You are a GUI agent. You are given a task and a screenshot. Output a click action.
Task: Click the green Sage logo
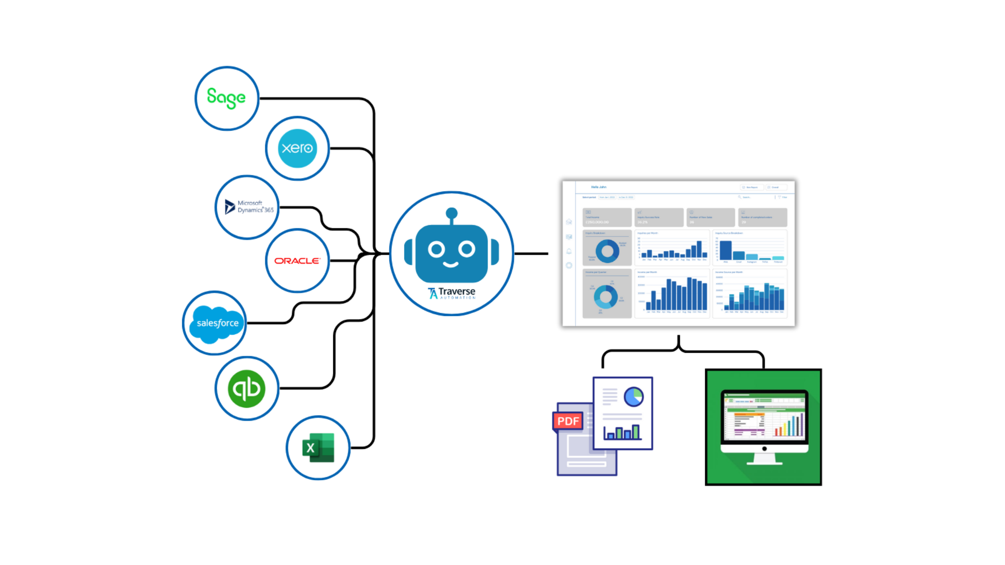coord(226,98)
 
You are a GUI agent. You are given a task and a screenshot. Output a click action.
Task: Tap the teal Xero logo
coord(297,148)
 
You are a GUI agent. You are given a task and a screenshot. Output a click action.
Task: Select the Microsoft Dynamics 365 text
coord(255,207)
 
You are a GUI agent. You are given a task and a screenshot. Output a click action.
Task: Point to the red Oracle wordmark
coord(297,261)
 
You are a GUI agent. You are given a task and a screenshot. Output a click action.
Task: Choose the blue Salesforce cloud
coord(217,323)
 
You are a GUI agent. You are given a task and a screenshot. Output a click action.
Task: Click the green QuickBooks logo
coord(246,389)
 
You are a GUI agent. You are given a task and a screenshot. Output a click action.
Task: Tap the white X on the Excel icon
coord(310,448)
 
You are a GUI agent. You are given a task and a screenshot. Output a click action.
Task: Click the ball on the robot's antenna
coord(451,213)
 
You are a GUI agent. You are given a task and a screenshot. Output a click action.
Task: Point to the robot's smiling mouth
coord(451,264)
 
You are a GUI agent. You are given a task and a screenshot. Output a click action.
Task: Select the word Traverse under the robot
coord(457,291)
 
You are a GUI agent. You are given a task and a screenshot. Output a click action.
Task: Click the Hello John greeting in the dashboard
coord(599,187)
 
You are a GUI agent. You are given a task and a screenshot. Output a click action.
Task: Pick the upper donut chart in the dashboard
coord(607,251)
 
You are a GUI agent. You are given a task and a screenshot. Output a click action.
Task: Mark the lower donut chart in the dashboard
coord(605,297)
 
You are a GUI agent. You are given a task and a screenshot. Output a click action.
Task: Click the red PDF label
coord(568,421)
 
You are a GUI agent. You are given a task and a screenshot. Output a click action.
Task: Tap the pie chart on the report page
coord(634,397)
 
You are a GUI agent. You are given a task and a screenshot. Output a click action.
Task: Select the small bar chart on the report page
coord(622,432)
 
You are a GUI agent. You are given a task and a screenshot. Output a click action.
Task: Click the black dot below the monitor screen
coord(764,449)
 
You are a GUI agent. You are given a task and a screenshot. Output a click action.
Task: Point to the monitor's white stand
coord(764,459)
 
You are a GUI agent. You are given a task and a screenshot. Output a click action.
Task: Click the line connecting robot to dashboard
coord(531,254)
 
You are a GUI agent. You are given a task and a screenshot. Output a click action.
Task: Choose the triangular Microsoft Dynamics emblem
coord(230,207)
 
